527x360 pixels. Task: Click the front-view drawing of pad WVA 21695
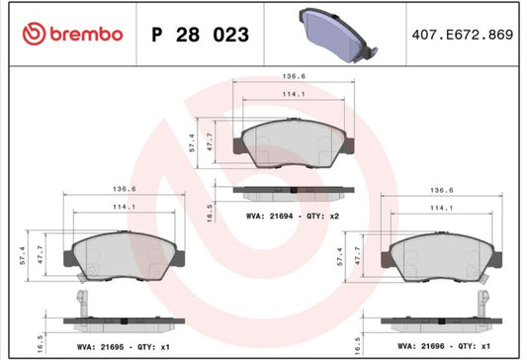124,256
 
